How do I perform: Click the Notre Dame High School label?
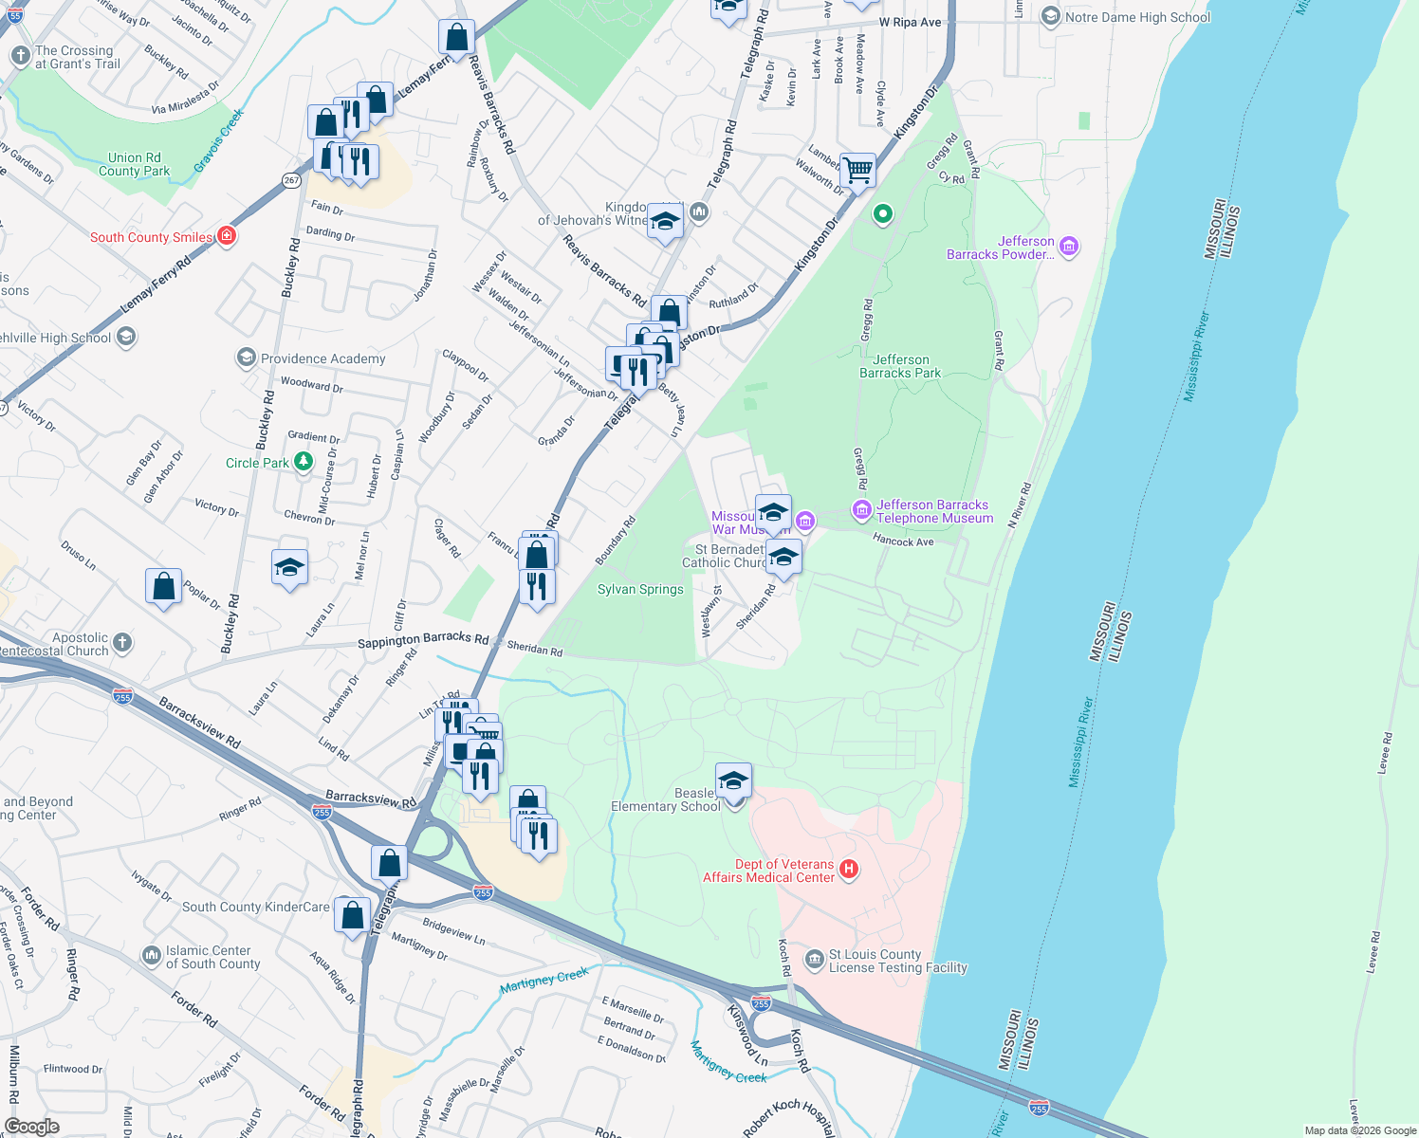(x=1137, y=17)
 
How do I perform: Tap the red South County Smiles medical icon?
(x=227, y=236)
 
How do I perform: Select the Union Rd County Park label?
(x=135, y=165)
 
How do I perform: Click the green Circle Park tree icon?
(x=303, y=462)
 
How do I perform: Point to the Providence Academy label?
(x=322, y=358)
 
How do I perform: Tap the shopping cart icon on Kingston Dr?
(x=857, y=172)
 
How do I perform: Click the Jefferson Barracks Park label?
(x=900, y=366)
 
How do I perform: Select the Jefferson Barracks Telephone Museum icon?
(x=861, y=511)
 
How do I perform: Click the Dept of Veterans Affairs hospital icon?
(x=849, y=870)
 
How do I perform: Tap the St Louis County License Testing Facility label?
(x=897, y=961)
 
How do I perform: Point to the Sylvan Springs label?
(x=640, y=589)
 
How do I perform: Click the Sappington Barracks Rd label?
(x=423, y=641)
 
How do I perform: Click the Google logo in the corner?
(x=31, y=1127)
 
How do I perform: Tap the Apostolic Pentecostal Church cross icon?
(x=122, y=644)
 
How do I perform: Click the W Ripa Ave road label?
(x=910, y=22)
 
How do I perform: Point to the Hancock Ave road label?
(x=903, y=541)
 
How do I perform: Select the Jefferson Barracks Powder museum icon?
(x=1069, y=248)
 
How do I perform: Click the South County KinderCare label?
(x=255, y=907)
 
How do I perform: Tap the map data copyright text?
(x=1359, y=1130)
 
